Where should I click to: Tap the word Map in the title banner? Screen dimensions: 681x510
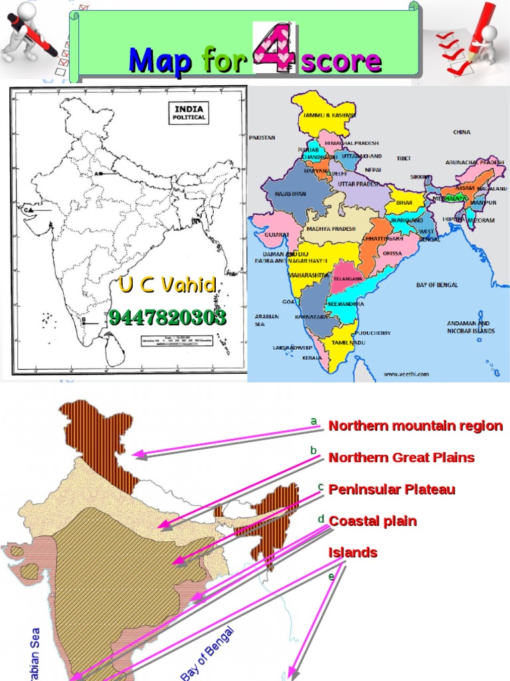click(161, 61)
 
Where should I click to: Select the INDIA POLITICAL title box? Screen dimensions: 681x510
click(190, 112)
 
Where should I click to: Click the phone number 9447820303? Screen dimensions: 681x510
click(167, 318)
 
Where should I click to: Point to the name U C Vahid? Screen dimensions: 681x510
click(168, 286)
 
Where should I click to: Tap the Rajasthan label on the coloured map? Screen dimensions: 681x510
click(286, 194)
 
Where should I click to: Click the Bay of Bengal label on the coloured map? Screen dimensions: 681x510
click(437, 285)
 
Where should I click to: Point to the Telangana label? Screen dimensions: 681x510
click(348, 279)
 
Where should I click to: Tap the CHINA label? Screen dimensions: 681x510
click(462, 132)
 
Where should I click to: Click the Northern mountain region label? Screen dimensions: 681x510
click(416, 426)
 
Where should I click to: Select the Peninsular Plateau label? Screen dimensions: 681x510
click(392, 490)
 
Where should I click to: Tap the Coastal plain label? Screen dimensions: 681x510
click(373, 521)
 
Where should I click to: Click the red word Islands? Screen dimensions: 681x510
click(353, 553)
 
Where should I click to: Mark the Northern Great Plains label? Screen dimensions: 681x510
click(401, 458)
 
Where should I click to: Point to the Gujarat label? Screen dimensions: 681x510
click(277, 235)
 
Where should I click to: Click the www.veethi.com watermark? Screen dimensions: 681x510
click(406, 374)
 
